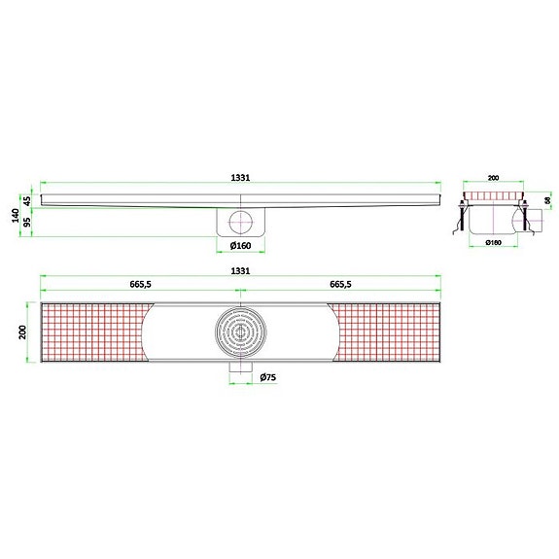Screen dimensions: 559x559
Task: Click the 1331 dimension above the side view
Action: [x=241, y=178]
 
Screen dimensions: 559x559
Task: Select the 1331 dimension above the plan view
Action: [x=241, y=271]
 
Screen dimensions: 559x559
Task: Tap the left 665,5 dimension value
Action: [x=139, y=285]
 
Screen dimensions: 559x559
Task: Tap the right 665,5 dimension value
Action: [x=340, y=285]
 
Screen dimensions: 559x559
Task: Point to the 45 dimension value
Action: [x=27, y=200]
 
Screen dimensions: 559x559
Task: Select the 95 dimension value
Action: [x=27, y=222]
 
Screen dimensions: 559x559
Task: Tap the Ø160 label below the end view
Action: [x=493, y=242]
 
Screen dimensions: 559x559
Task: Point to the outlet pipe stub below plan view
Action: [x=240, y=374]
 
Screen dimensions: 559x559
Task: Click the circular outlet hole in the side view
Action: [x=240, y=220]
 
